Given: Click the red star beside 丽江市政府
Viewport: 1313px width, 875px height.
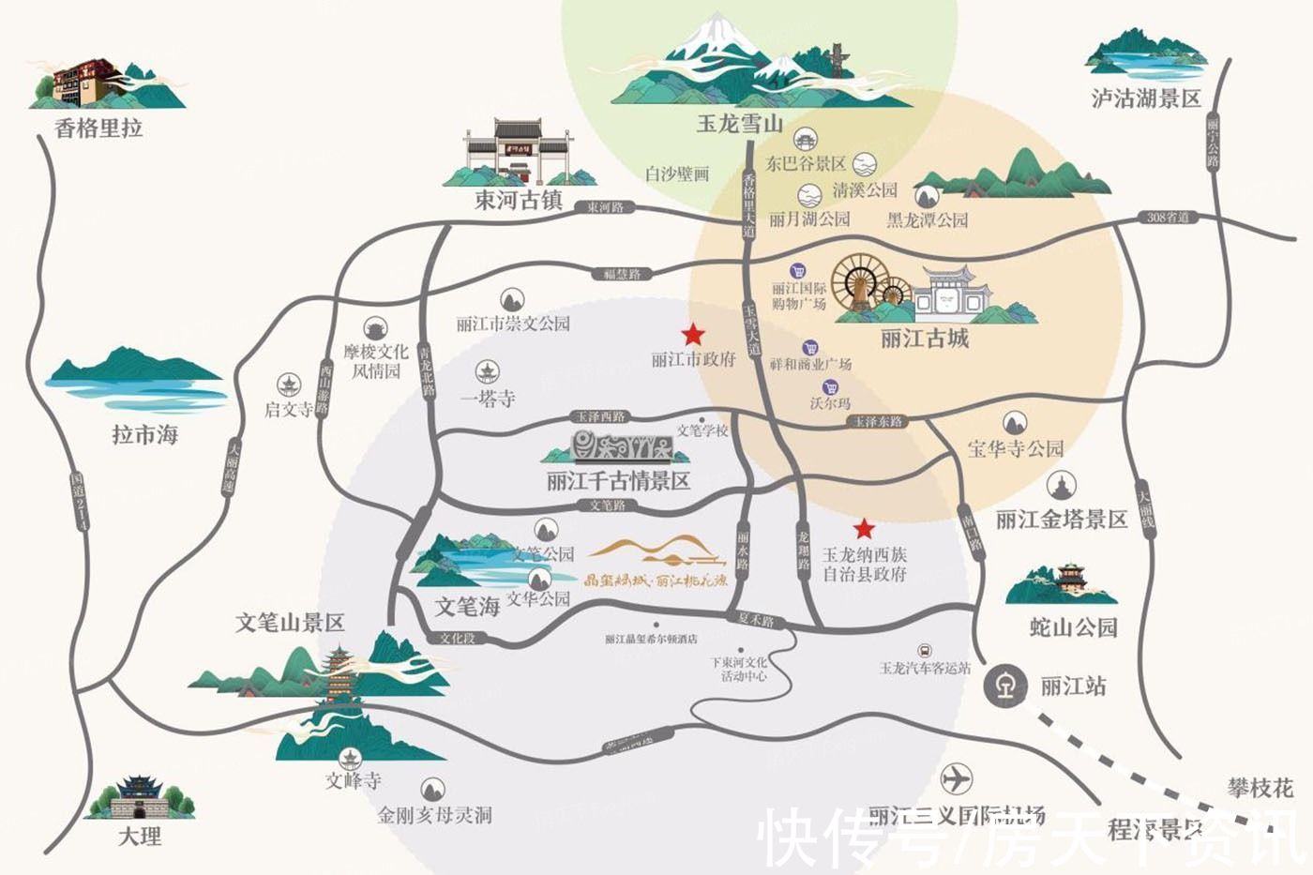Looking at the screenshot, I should pos(693,334).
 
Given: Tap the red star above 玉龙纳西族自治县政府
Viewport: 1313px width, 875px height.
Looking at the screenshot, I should pos(864,528).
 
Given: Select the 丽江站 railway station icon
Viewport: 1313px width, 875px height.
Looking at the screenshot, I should pos(1004,686).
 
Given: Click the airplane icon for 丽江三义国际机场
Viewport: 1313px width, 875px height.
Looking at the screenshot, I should pos(956,778).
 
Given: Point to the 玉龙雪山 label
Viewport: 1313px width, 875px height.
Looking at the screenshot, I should pos(739,123).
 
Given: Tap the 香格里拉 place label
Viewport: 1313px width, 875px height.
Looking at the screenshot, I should pos(98,128).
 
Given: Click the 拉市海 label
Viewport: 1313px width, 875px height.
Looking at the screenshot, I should pos(144,434).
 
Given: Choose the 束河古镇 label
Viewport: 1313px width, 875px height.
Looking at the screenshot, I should pos(518,200).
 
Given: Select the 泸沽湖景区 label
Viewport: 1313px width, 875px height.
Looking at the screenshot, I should pos(1146,98).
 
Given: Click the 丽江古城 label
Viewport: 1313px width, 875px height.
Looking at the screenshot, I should pos(924,339).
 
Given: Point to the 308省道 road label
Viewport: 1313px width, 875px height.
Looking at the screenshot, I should pos(1168,218).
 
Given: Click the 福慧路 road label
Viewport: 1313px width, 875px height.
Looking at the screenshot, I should pos(622,274).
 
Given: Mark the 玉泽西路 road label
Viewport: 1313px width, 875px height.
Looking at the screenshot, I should pos(600,416).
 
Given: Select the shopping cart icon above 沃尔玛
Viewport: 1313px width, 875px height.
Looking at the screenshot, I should pos(830,387).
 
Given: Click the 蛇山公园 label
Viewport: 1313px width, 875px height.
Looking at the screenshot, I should pos(1073,626).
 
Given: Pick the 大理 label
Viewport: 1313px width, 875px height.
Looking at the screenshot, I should pos(140,836).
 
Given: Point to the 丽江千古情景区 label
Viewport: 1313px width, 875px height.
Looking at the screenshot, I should pos(618,481).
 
